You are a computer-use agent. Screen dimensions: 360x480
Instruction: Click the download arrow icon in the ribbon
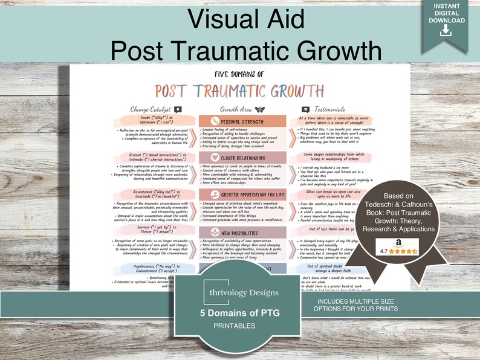(446, 31)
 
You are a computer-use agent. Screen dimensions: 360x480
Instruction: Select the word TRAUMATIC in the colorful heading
(225, 91)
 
